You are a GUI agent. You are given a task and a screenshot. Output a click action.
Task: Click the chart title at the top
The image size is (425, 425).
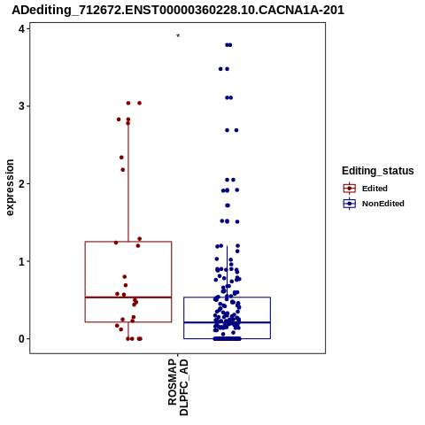point(178,11)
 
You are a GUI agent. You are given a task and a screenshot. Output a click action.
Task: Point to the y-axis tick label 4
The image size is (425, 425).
point(21,29)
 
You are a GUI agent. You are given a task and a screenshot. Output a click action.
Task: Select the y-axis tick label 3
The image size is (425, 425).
point(21,106)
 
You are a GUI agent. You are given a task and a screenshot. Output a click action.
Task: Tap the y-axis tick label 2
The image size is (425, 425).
point(21,184)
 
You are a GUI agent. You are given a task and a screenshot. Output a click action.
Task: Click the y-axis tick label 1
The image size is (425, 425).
point(21,261)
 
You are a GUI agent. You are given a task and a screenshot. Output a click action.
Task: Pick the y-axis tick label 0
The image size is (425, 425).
point(21,339)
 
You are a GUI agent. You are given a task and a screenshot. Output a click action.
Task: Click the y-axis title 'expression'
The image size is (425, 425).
point(10,188)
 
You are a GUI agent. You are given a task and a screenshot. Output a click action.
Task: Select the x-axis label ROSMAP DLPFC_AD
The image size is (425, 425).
point(178,387)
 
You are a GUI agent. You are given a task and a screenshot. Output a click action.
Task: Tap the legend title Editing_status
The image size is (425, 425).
point(378,171)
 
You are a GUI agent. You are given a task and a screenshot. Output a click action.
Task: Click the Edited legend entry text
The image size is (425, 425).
point(375,189)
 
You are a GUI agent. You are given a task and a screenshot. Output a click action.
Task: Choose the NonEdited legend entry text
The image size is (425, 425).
point(383,204)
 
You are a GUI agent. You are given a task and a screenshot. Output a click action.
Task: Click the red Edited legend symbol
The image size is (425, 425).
point(350,189)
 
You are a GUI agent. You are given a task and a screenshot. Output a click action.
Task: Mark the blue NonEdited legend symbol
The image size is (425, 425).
point(350,204)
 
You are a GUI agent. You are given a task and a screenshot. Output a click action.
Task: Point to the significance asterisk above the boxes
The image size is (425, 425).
point(178,36)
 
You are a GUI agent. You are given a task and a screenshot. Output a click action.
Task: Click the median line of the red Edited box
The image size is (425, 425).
point(128,297)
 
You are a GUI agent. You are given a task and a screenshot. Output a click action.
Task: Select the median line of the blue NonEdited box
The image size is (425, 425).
point(227,322)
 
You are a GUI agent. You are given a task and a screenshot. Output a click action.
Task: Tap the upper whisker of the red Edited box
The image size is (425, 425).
point(128,181)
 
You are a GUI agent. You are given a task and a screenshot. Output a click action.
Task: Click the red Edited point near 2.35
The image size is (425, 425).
point(121,158)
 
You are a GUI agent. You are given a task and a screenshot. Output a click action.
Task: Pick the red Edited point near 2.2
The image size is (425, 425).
point(123,170)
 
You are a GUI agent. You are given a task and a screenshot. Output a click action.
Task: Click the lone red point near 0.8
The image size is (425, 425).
point(125,277)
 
